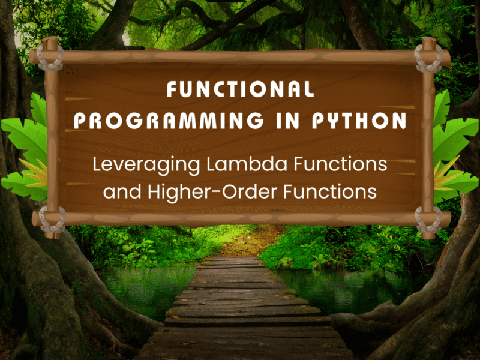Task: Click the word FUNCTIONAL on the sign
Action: tap(241, 89)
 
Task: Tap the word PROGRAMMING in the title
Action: tap(169, 121)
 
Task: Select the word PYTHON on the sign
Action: tap(359, 121)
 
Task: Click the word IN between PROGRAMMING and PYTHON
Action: tap(287, 121)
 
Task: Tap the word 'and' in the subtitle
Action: tap(122, 192)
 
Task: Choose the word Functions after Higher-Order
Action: tap(330, 192)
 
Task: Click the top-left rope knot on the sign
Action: tap(50, 58)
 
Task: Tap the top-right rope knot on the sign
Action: tap(428, 58)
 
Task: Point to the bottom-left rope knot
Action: tap(52, 220)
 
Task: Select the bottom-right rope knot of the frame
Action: tap(428, 220)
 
